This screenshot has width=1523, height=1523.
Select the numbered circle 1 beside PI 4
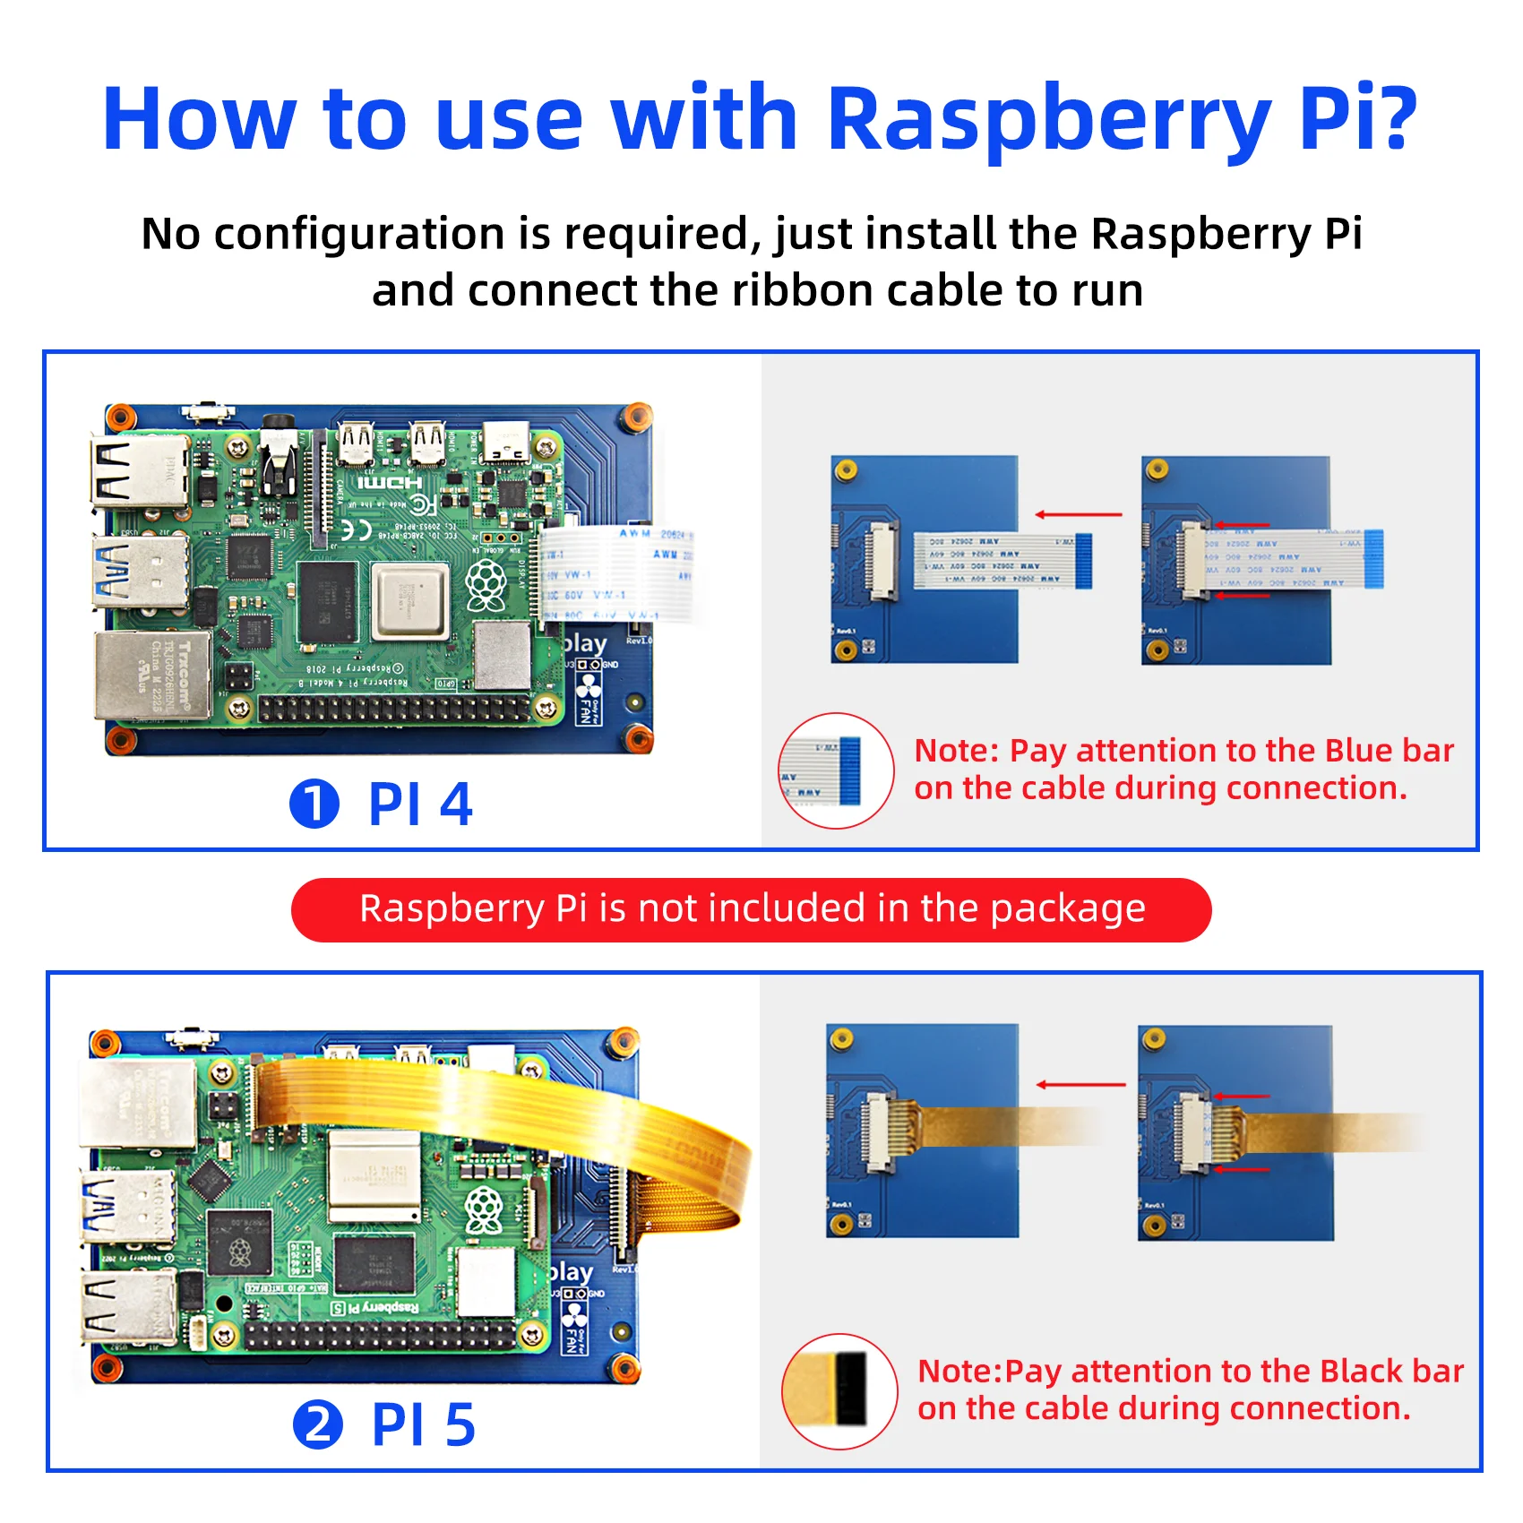(314, 804)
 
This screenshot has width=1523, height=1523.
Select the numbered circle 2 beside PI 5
(318, 1424)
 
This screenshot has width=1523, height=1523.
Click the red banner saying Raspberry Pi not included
(751, 909)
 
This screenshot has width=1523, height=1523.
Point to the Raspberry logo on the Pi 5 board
(485, 1210)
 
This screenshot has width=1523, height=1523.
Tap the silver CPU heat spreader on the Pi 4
(410, 600)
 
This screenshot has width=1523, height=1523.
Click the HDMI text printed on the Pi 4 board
(391, 484)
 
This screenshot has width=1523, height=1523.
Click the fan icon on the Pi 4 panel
(588, 688)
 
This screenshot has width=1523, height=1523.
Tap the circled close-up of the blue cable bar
(835, 770)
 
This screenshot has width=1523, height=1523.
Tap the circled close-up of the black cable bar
(839, 1390)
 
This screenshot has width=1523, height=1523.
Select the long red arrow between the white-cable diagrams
(1079, 514)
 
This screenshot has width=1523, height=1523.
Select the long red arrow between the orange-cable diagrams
(1080, 1085)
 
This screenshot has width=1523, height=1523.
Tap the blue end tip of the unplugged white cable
(1083, 560)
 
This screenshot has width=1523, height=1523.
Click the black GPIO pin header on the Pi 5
(381, 1336)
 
